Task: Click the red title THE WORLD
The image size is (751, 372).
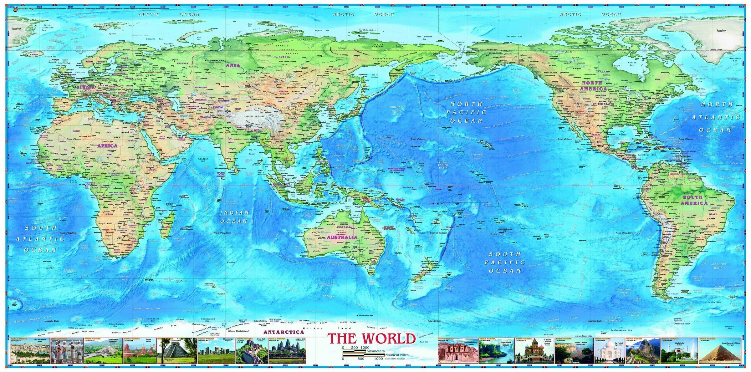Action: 371,339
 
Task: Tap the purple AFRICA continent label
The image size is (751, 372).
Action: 107,146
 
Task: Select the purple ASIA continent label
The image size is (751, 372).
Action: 233,66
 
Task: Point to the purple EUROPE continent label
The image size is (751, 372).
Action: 85,88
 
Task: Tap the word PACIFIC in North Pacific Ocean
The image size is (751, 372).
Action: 466,112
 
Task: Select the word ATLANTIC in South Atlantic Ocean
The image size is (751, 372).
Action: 41,239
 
